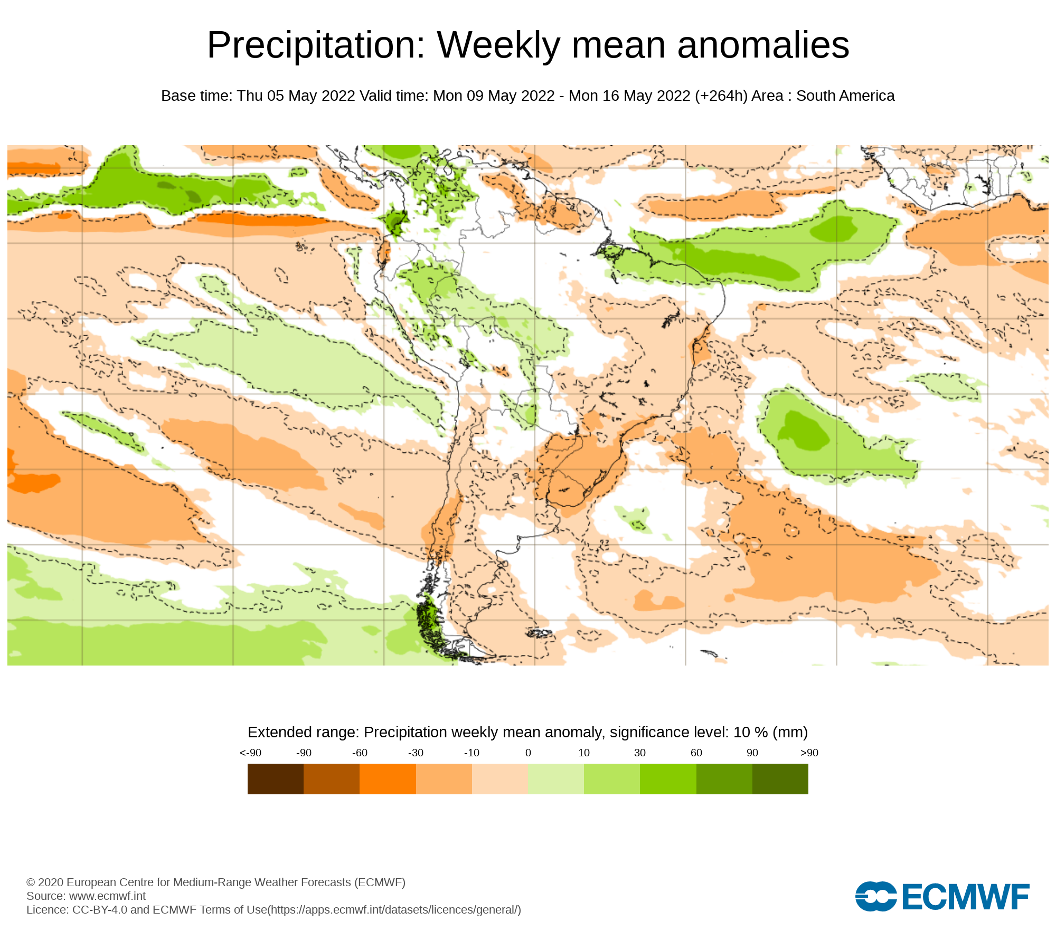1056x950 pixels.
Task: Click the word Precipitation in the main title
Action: coord(316,45)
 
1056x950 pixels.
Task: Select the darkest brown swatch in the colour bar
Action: coord(275,779)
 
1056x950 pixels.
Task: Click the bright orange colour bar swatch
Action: coord(388,779)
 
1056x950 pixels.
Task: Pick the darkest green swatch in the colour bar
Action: coord(780,779)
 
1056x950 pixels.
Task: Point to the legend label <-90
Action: coord(250,753)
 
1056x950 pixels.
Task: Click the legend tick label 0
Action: coord(528,753)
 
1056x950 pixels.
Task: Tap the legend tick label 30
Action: coord(640,753)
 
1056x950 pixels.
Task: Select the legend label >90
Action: coord(809,753)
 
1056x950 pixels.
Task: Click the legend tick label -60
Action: coord(360,753)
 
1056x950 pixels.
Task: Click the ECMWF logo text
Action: coord(966,897)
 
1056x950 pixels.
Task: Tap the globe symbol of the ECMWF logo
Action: coord(875,896)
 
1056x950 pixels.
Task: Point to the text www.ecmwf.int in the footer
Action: coord(107,896)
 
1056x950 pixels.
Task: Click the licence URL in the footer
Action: coord(395,909)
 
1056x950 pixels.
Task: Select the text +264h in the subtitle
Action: coord(721,96)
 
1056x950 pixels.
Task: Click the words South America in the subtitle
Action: coord(845,96)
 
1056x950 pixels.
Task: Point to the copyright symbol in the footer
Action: coord(31,882)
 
